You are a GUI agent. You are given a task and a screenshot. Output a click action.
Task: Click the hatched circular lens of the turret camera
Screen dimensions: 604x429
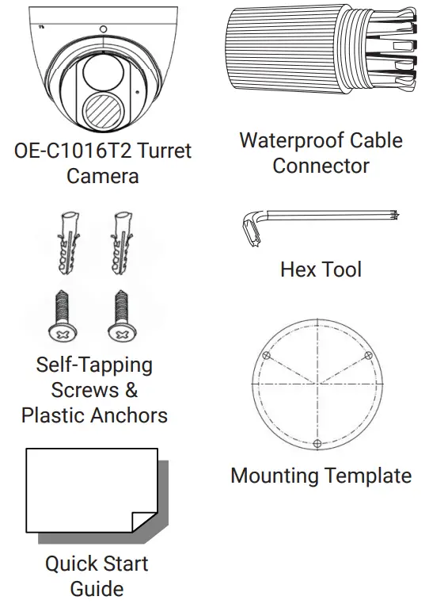pyautogui.click(x=102, y=112)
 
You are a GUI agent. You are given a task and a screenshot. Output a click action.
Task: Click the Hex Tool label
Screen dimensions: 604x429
pyautogui.click(x=321, y=270)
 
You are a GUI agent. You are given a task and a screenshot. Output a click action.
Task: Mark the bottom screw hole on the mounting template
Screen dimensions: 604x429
pyautogui.click(x=317, y=443)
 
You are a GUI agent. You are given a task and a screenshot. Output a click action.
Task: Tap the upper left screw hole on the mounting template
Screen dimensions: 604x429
pyautogui.click(x=268, y=357)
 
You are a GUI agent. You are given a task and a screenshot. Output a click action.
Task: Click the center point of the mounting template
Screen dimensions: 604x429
pyautogui.click(x=317, y=385)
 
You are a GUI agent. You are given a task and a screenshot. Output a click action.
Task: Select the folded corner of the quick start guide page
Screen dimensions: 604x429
pyautogui.click(x=144, y=519)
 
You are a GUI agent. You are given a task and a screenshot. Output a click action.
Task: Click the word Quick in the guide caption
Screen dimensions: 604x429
pyautogui.click(x=73, y=564)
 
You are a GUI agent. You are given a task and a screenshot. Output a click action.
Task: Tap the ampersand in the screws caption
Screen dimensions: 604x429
pyautogui.click(x=131, y=390)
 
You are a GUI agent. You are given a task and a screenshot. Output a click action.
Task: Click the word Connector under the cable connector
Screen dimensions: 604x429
pyautogui.click(x=321, y=166)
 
